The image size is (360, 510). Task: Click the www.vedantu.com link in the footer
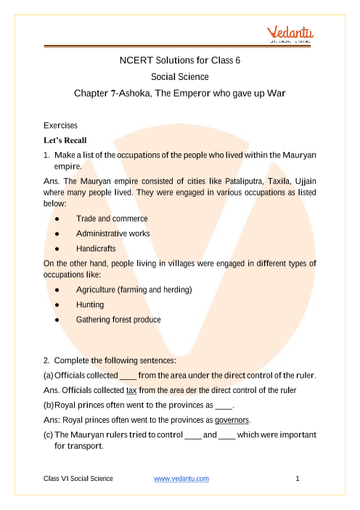pyautogui.click(x=182, y=478)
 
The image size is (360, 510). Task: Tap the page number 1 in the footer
pyautogui.click(x=298, y=478)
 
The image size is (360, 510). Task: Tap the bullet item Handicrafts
pyautogui.click(x=97, y=248)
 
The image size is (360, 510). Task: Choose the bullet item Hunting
pyautogui.click(x=90, y=304)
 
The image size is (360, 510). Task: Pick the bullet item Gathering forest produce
pyautogui.click(x=118, y=319)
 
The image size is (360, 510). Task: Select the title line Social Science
pyautogui.click(x=179, y=76)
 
